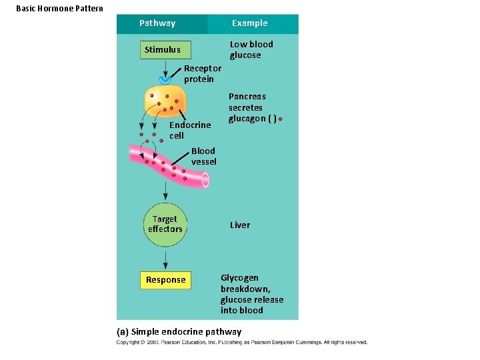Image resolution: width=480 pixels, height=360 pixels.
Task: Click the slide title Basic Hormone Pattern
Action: coord(59,8)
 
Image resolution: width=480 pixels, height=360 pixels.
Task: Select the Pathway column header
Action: coord(157,23)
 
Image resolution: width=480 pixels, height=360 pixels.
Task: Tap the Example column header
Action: coord(249,23)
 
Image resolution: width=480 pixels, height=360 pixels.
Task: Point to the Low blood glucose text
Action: coord(251,50)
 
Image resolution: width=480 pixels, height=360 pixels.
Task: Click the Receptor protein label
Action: coord(202,73)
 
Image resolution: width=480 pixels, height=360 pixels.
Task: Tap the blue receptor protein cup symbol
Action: coord(165,79)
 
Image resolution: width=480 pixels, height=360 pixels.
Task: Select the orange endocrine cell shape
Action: coord(165,101)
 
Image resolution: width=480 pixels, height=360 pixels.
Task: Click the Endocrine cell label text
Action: coord(189,130)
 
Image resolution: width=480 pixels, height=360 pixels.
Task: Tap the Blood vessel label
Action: coord(203,156)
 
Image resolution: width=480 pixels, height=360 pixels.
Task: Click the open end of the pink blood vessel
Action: coord(205,180)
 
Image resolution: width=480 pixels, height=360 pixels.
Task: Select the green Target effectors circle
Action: coord(165,224)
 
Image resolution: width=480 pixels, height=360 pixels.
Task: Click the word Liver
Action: coord(240,225)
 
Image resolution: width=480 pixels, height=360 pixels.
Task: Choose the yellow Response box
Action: coord(165,280)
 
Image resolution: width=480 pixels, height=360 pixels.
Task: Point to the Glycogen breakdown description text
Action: coord(251,294)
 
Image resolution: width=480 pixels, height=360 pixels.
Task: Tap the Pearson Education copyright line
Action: coord(241,343)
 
